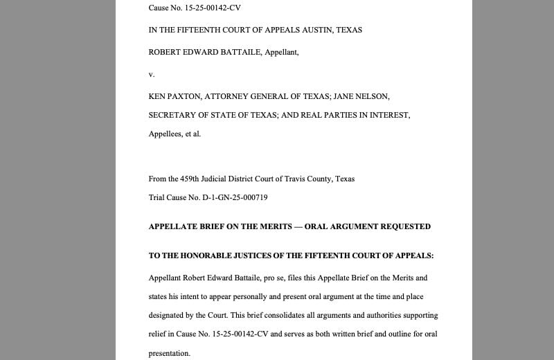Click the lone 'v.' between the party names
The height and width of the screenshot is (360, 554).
coord(152,74)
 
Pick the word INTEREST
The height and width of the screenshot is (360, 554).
coord(389,115)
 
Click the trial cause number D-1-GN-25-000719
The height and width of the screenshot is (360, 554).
coord(235,197)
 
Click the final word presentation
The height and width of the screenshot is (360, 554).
coord(169,353)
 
